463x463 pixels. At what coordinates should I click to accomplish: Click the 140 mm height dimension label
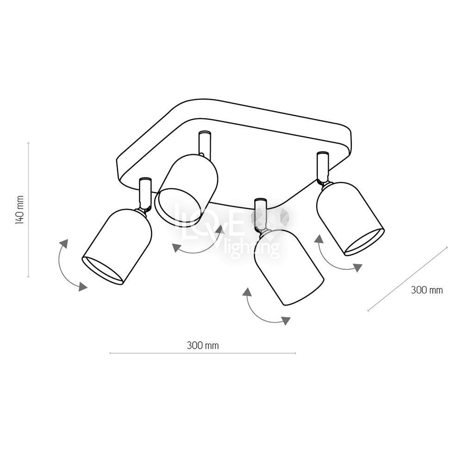pos(19,210)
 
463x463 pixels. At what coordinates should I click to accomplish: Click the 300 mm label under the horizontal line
pos(203,345)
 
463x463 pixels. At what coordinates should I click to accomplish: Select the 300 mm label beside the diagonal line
pos(427,290)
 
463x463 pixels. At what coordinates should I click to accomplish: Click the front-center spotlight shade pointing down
pos(289,267)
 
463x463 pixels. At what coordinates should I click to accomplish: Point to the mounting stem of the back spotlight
pos(204,144)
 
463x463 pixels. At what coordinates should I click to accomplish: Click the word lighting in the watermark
pos(251,248)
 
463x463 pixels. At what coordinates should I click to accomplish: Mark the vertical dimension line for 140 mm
pos(28,210)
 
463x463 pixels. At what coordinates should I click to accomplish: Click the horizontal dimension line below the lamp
pos(203,353)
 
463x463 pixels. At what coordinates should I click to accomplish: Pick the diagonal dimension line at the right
pos(407,279)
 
